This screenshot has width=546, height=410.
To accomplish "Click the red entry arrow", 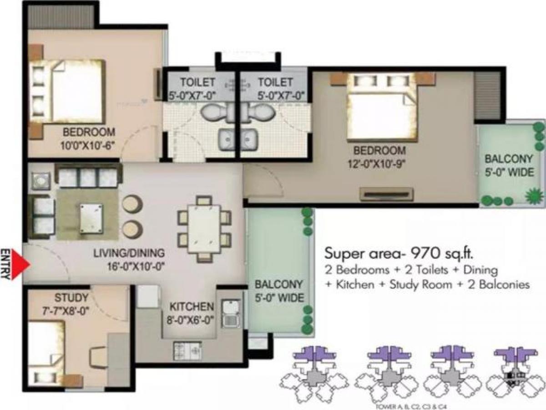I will (x=21, y=264).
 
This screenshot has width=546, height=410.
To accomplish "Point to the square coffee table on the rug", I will (x=91, y=218).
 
